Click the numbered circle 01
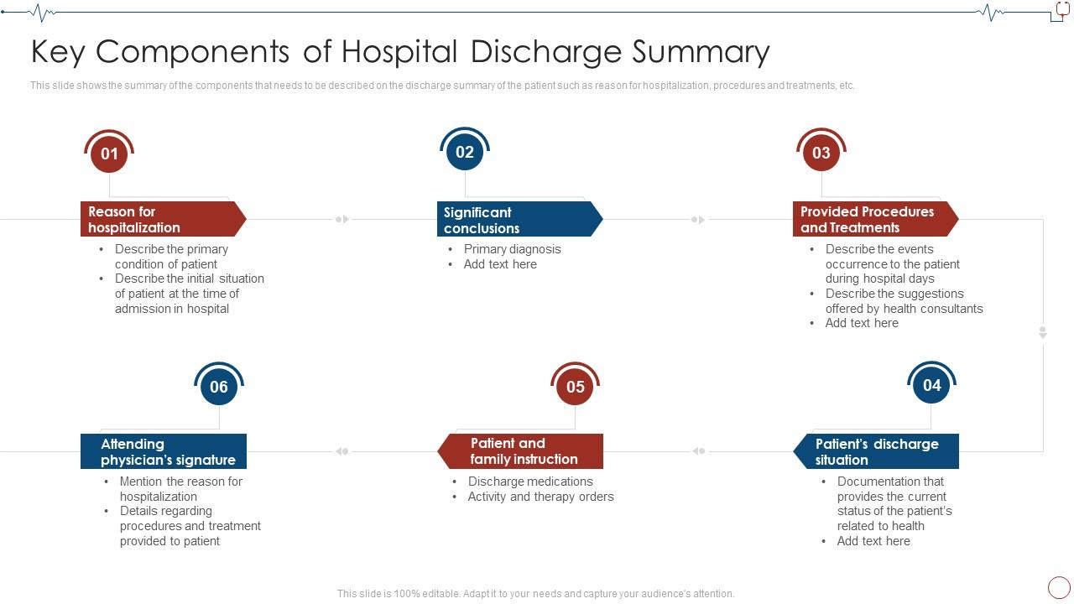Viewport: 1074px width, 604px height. click(x=109, y=154)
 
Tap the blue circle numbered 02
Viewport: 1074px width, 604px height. click(x=465, y=152)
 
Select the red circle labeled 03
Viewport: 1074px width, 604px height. click(x=821, y=153)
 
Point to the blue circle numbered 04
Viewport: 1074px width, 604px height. click(x=931, y=385)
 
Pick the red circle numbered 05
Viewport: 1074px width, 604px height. click(x=575, y=387)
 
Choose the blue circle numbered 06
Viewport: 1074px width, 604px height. click(x=218, y=387)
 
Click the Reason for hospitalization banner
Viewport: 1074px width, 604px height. click(x=159, y=219)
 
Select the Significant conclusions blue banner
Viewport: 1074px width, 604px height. click(x=515, y=220)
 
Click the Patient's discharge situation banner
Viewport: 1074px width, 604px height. click(x=877, y=451)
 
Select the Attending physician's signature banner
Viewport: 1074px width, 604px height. click(x=164, y=451)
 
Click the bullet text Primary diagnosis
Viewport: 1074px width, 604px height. click(x=512, y=249)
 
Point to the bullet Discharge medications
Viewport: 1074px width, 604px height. click(x=530, y=482)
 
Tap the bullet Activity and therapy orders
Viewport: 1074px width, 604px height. click(x=540, y=497)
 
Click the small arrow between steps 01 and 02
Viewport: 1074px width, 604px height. click(x=342, y=219)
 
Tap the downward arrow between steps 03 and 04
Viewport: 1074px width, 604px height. click(x=1043, y=332)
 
